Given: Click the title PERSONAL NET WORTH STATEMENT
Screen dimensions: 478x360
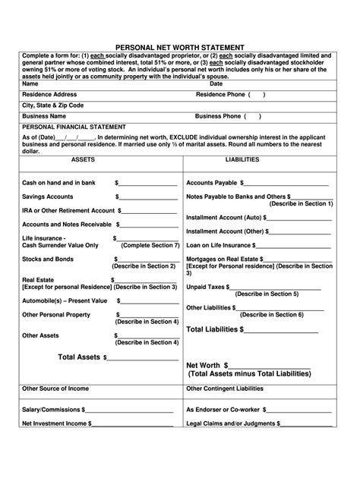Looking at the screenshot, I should tap(180, 46).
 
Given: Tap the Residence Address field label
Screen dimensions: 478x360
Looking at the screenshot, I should tap(52, 94).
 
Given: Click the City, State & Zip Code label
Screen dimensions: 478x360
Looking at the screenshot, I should tap(53, 105).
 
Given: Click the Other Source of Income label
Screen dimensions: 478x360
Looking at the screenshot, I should tap(56, 389).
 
